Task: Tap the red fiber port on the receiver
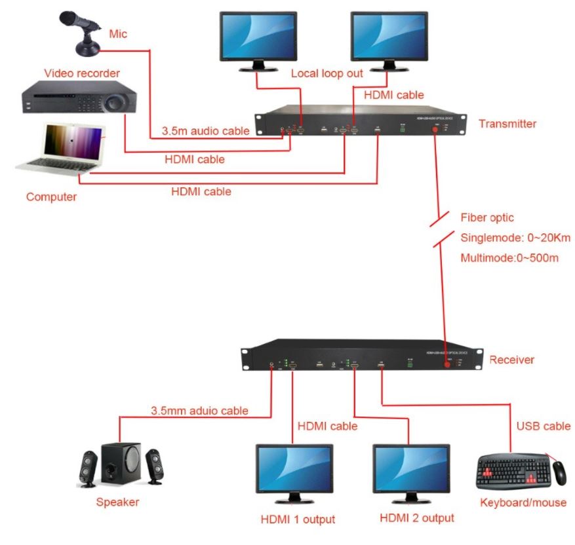tap(448, 366)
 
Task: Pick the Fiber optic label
tap(487, 217)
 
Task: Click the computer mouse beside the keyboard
tap(559, 471)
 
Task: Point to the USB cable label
tap(543, 426)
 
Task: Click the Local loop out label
tap(327, 73)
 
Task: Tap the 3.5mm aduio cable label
tap(199, 411)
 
